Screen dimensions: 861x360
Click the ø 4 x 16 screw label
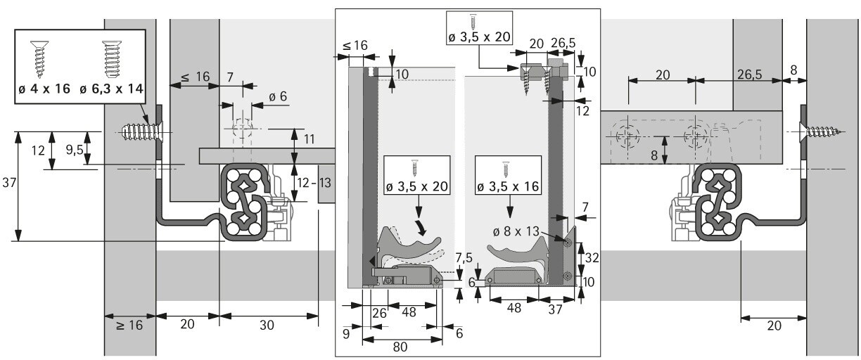point(44,89)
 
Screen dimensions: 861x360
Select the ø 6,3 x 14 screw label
point(111,89)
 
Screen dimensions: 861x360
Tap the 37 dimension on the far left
point(9,182)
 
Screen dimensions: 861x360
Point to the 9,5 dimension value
point(74,150)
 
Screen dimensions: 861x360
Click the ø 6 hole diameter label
point(278,96)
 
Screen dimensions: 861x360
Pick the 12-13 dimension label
point(314,183)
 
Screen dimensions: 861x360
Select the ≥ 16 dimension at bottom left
point(129,326)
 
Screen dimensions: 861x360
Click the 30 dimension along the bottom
point(267,326)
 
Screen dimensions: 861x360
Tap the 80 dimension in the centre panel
point(400,347)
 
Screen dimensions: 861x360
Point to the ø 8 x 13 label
point(516,231)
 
